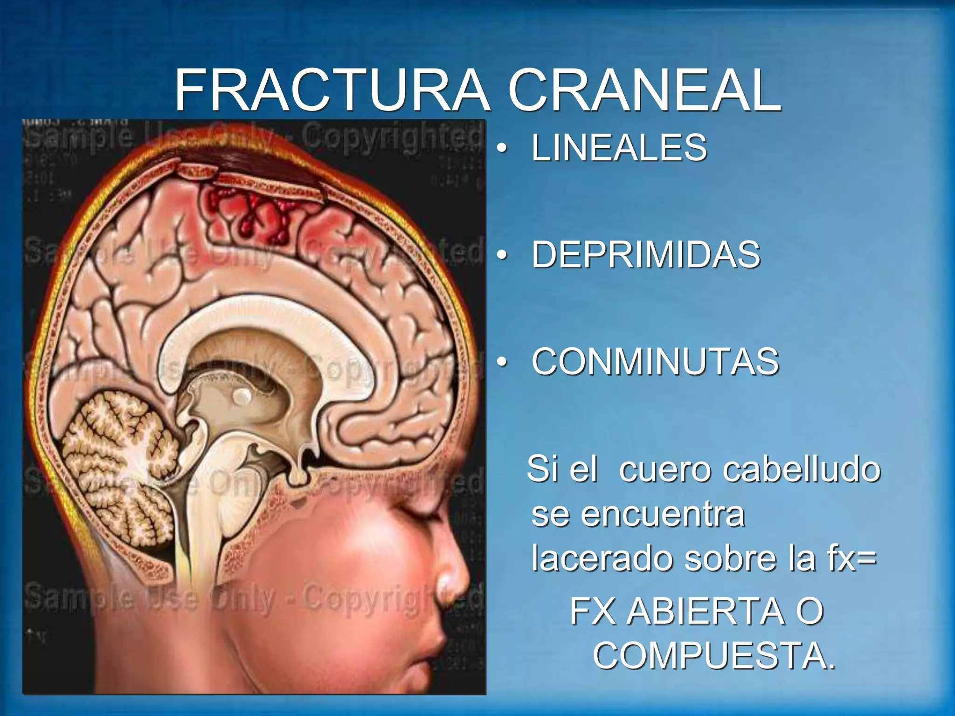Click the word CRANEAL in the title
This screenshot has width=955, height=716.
(x=644, y=90)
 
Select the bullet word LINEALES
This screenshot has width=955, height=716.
(x=619, y=148)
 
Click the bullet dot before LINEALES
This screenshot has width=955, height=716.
(x=502, y=149)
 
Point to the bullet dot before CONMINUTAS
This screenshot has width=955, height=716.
(x=502, y=363)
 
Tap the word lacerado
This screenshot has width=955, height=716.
(x=602, y=558)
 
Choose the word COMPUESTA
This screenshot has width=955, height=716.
(x=713, y=655)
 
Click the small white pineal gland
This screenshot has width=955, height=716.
(x=242, y=397)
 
